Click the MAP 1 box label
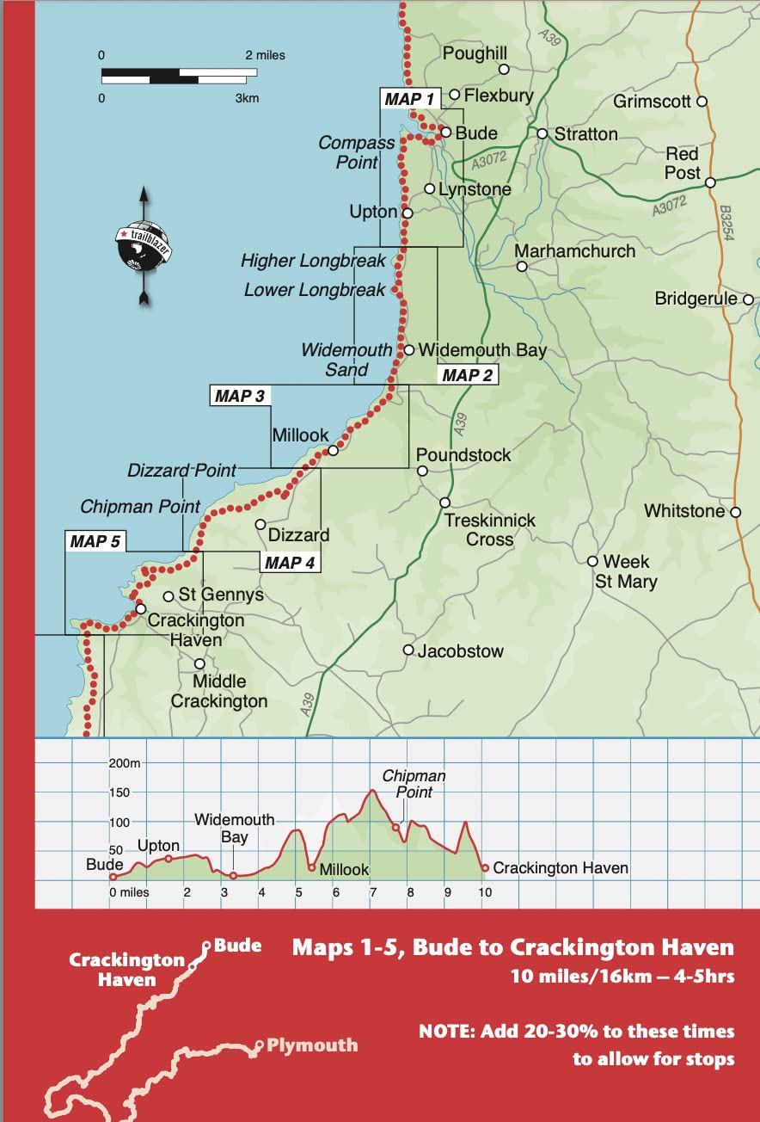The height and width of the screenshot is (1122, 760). pyautogui.click(x=410, y=99)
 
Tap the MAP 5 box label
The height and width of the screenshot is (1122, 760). pyautogui.click(x=95, y=541)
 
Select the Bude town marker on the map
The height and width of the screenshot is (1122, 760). pyautogui.click(x=446, y=133)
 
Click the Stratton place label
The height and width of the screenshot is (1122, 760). pyautogui.click(x=585, y=133)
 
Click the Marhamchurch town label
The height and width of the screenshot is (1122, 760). pyautogui.click(x=575, y=251)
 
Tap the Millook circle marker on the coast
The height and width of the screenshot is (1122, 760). pyautogui.click(x=334, y=449)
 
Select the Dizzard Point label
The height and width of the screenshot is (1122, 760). pyautogui.click(x=181, y=471)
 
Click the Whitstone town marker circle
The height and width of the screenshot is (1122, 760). pyautogui.click(x=736, y=512)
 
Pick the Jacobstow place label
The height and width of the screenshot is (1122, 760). pyautogui.click(x=460, y=651)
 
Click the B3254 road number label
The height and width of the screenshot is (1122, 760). pyautogui.click(x=726, y=222)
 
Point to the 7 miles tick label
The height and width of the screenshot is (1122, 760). pyautogui.click(x=371, y=892)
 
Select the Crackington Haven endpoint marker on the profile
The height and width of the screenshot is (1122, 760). pyautogui.click(x=485, y=868)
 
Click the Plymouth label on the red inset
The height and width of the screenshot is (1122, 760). pyautogui.click(x=311, y=1045)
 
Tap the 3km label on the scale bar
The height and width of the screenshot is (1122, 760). pyautogui.click(x=247, y=98)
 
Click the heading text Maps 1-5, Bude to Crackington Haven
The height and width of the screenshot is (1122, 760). pyautogui.click(x=513, y=948)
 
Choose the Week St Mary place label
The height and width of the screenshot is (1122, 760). pyautogui.click(x=626, y=571)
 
